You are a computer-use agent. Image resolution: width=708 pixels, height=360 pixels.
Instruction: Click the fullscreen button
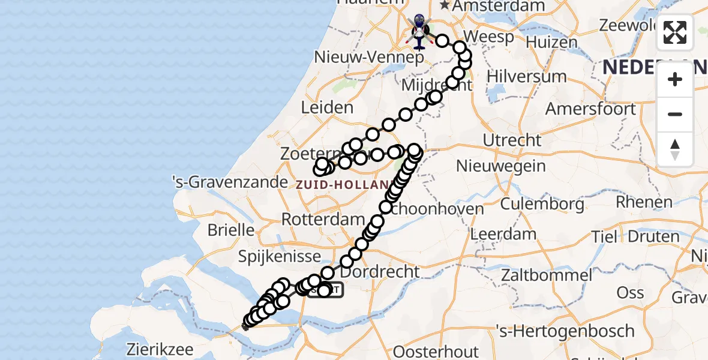(675, 32)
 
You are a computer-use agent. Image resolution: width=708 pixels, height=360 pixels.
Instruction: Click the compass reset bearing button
(675, 149)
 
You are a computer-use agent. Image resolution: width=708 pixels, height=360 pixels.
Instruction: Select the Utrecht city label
(512, 140)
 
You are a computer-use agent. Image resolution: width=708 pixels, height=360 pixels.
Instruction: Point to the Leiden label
(327, 108)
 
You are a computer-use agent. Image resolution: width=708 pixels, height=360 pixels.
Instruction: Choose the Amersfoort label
(590, 109)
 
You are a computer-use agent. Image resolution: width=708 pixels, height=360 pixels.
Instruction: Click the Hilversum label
(526, 76)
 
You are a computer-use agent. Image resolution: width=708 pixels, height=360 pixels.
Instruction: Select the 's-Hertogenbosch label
(565, 331)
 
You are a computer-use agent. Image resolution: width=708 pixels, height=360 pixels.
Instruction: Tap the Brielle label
(231, 230)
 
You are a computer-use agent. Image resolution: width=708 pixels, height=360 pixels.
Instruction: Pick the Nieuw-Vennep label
(370, 58)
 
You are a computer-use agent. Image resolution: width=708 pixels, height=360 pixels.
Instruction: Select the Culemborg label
(542, 204)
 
